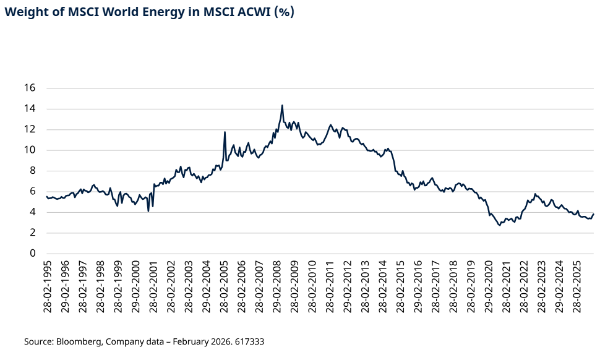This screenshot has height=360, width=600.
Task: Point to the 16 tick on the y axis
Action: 30,88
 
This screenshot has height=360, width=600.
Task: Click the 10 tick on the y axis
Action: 30,150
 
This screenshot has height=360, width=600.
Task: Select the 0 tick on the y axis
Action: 33,254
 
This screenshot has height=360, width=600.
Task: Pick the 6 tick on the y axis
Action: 33,192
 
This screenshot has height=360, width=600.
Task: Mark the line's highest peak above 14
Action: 282,105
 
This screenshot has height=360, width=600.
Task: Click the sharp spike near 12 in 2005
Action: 225,132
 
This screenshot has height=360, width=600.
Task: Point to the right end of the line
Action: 593,214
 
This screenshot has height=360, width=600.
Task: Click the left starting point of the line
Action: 46,197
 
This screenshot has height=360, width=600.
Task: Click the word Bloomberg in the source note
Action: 79,341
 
